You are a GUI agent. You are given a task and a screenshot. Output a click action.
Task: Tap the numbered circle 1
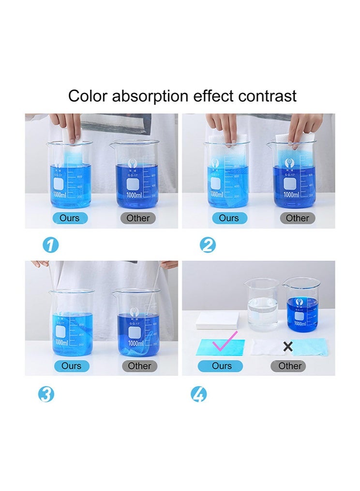tap(51, 245)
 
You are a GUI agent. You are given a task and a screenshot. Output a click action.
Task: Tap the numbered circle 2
tap(208, 245)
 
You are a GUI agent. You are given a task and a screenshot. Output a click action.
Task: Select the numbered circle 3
tap(46, 395)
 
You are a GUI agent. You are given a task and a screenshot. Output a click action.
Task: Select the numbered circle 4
tap(198, 395)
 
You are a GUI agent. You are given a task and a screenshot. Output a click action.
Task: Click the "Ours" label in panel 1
tap(70, 218)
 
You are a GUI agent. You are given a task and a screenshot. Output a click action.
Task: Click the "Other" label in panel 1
tap(138, 218)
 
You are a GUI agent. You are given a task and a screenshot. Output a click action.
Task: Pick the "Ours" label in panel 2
tap(229, 218)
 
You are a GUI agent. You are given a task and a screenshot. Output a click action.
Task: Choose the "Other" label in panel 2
tap(297, 218)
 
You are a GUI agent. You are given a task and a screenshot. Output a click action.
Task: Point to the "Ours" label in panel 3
tap(71, 366)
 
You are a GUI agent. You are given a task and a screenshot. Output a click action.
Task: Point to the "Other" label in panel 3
tap(139, 366)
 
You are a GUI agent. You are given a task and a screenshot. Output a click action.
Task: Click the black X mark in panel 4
tap(288, 346)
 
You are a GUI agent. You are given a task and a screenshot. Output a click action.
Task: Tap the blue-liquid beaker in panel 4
tap(300, 305)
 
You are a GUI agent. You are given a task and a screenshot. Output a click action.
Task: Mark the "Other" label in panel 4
tap(290, 366)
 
